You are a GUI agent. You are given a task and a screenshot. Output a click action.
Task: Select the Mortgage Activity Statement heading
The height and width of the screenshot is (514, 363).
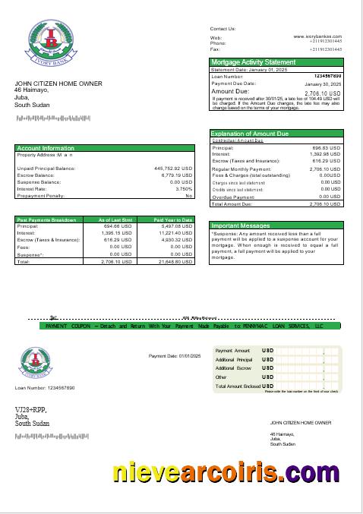coord(253,61)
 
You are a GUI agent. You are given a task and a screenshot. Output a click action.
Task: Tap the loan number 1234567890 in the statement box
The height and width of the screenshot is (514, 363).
coord(327,76)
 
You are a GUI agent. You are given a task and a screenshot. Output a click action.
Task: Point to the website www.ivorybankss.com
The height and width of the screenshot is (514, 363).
coord(317,36)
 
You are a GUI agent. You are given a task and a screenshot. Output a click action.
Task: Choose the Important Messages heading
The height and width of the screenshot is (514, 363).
coord(240,225)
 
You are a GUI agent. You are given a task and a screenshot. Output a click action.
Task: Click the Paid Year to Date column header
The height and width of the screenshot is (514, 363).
coord(173,219)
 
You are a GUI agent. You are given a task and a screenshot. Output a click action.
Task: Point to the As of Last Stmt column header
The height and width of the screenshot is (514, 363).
coord(116,219)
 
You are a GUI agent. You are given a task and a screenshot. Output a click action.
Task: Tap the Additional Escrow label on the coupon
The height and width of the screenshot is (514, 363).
coord(233,367)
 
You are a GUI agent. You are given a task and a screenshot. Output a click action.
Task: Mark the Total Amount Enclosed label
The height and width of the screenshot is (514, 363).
coord(238,386)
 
